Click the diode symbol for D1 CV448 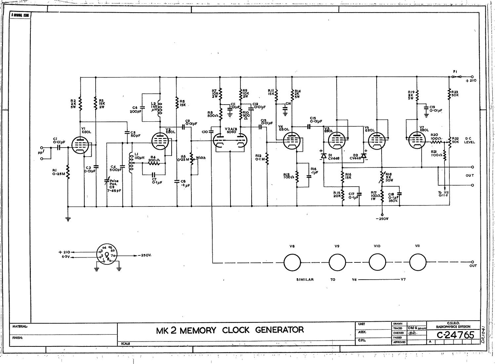(324, 156)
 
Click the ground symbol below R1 (68, 219)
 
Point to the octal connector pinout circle (107, 254)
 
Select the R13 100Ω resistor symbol (297, 177)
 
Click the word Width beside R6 (200, 158)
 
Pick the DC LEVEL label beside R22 (470, 140)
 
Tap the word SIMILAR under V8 (305, 280)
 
